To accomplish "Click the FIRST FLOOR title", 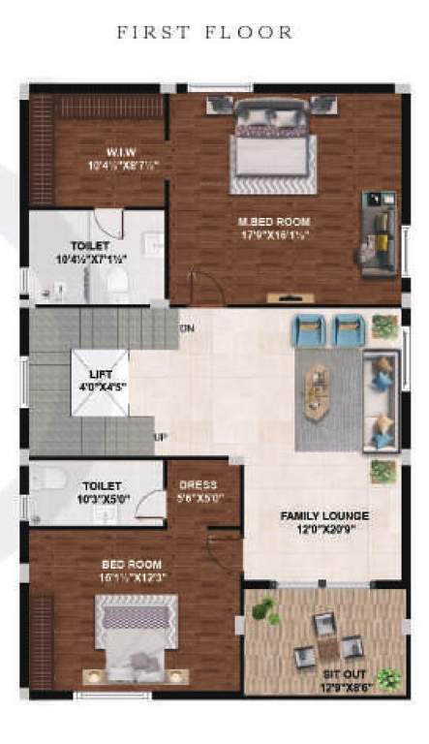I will point(204,32).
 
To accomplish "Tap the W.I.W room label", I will point(121,151).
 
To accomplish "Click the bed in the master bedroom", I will point(272,145).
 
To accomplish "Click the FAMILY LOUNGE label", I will point(324,516).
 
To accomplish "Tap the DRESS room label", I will point(197,484).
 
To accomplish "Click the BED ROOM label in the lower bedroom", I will point(132,564).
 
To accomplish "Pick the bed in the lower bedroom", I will point(136,637).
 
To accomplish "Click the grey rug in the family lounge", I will point(328,398).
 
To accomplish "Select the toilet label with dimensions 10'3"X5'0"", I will point(102,484).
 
